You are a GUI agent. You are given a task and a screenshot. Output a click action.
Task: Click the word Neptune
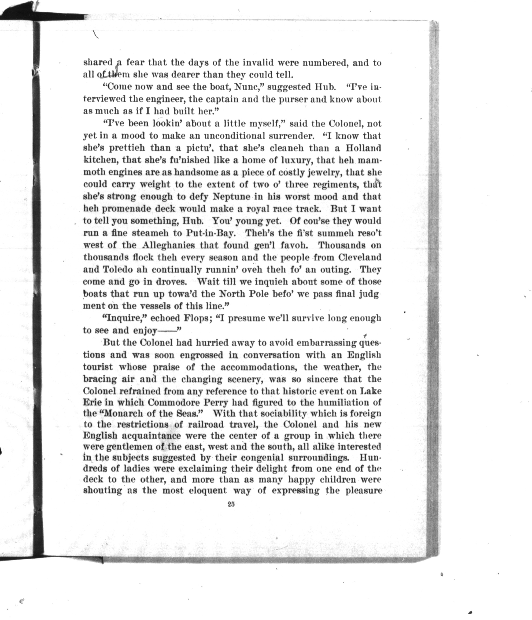point(233,197)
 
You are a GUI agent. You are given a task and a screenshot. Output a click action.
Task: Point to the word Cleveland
point(360,257)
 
